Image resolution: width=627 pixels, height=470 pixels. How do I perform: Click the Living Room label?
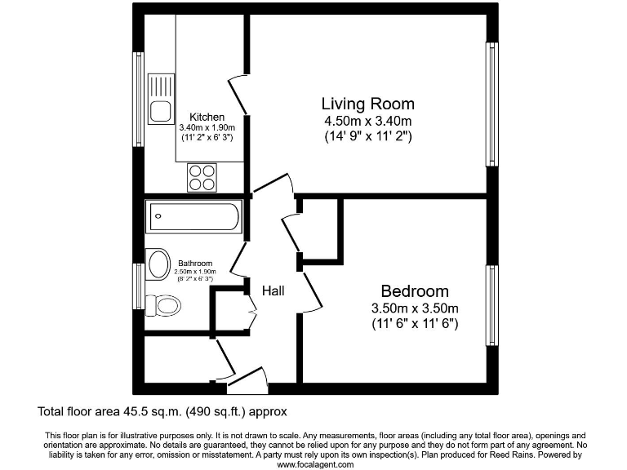pos(367,104)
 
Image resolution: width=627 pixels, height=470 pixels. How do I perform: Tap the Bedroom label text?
pos(415,291)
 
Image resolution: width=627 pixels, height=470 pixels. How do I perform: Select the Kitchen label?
pos(207,117)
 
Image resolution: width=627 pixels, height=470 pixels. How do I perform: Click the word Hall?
pos(273,290)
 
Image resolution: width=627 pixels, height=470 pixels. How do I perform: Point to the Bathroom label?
pos(195,264)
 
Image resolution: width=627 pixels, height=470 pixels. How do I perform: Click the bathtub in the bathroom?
pos(193,217)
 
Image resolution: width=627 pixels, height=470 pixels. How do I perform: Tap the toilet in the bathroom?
pos(164,306)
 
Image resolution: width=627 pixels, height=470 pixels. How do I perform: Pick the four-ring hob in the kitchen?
pos(203,177)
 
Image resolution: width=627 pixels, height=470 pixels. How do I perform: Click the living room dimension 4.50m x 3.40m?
pos(367,121)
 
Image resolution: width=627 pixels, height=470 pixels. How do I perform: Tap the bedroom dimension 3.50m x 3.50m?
pos(415,308)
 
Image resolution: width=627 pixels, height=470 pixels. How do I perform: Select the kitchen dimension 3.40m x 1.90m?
pos(207,128)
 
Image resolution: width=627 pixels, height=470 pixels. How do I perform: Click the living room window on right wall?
pos(492,104)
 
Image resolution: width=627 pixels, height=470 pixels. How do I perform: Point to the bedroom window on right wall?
pos(492,304)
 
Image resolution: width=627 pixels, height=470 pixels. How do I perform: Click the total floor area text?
pos(162,411)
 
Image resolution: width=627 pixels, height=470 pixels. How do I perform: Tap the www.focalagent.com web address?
pos(315,464)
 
